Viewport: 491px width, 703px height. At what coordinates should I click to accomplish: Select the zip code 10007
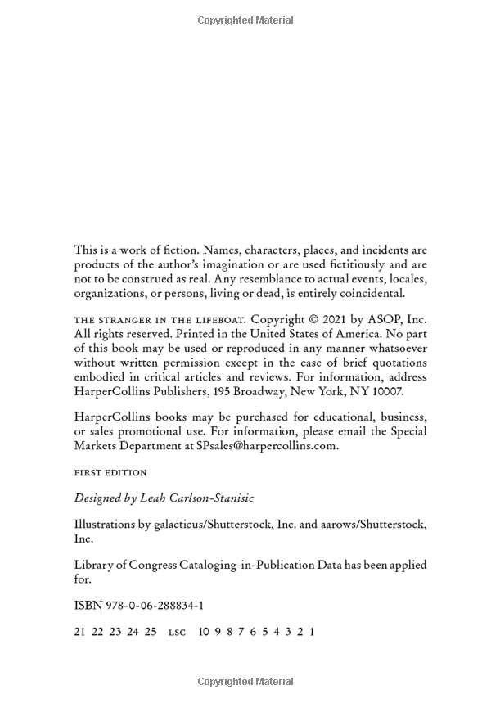pos(384,391)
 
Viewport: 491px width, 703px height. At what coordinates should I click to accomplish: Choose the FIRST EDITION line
pos(110,473)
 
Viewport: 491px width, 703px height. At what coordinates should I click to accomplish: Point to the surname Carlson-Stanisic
pos(214,498)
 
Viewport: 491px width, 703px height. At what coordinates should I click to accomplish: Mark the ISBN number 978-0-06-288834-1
pos(139,606)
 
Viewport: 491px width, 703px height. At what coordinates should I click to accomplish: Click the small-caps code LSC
pos(177,633)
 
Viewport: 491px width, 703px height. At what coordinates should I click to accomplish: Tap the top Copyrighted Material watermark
pos(245,20)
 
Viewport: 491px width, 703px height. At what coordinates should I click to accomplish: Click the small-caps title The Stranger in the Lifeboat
pos(160,319)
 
